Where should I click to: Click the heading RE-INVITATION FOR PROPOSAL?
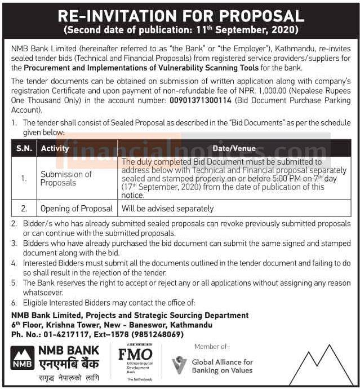[180, 15]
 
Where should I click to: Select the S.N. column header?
[23, 148]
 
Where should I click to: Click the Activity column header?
[55, 148]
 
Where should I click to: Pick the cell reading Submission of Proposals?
[66, 178]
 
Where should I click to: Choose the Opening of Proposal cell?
[76, 209]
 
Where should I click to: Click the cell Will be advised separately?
[167, 209]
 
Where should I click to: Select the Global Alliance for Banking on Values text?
[222, 366]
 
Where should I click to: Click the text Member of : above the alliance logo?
[211, 347]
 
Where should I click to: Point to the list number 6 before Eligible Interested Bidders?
[14, 303]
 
